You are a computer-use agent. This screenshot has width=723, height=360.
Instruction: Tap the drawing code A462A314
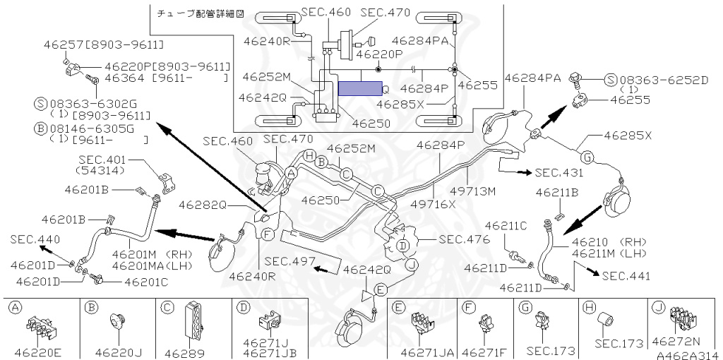tap(686, 355)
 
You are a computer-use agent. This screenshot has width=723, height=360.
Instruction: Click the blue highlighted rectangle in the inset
tap(359, 88)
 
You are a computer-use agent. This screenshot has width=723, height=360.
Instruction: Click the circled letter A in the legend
tap(14, 307)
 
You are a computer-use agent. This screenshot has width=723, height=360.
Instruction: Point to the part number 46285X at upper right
tap(627, 134)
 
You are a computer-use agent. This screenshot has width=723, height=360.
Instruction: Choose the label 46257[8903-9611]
tap(109, 45)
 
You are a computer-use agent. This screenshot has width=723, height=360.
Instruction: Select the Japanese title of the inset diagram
tap(193, 14)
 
